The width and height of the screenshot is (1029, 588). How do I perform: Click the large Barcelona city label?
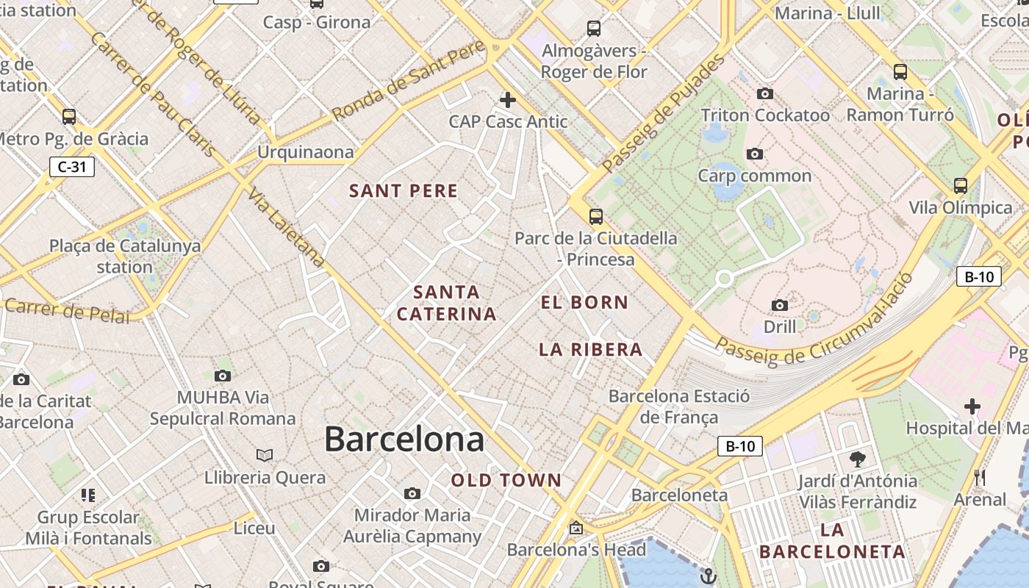coord(404,440)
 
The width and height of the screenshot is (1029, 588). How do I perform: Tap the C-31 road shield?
coord(72,167)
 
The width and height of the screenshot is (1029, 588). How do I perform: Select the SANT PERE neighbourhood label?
coord(404,191)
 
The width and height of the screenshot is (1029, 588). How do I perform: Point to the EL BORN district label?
coord(585,302)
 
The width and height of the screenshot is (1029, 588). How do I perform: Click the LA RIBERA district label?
coord(591,350)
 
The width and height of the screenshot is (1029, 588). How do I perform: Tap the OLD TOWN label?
coord(506,481)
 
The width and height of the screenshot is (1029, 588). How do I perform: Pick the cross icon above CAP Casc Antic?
coord(507,100)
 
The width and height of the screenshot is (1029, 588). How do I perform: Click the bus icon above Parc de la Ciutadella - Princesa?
coord(595,217)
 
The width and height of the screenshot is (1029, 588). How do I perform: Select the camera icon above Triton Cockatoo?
coord(765,94)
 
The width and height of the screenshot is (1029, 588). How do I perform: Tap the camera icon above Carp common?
coord(754,154)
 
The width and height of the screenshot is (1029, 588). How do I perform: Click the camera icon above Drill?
coord(780,305)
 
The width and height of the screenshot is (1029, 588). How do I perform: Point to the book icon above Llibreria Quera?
coord(265,456)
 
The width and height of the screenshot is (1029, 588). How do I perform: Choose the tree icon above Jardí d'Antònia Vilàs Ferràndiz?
coord(857,460)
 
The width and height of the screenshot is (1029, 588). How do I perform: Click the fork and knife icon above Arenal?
coord(979,478)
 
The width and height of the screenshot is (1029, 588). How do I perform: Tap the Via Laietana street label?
coord(287,227)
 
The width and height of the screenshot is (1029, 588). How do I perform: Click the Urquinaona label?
coord(305,152)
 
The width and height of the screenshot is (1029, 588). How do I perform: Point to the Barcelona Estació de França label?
coord(679,406)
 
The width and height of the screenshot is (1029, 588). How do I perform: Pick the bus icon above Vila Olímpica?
coord(960,186)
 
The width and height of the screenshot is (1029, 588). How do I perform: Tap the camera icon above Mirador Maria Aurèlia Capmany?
coord(412,493)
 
